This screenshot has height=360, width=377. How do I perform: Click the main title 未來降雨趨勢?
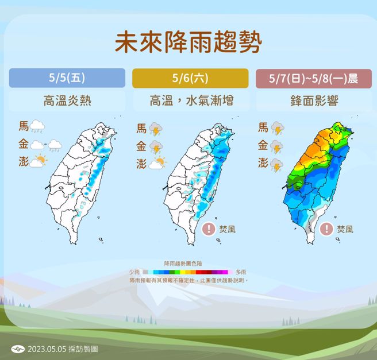[188, 42]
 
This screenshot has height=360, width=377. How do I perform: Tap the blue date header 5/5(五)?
[67, 78]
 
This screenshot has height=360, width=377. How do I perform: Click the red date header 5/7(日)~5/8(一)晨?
[314, 78]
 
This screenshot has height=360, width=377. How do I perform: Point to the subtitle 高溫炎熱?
[67, 102]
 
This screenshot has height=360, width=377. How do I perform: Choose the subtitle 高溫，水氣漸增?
[191, 102]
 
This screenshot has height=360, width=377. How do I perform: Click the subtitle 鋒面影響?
[314, 102]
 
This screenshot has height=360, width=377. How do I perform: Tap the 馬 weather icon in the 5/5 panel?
[39, 126]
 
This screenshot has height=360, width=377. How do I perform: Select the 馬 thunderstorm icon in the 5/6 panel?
[156, 130]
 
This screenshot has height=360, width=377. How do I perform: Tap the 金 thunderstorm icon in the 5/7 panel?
[278, 148]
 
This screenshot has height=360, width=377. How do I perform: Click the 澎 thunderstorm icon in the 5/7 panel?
[278, 165]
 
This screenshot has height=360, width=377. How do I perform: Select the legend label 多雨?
[241, 272]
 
